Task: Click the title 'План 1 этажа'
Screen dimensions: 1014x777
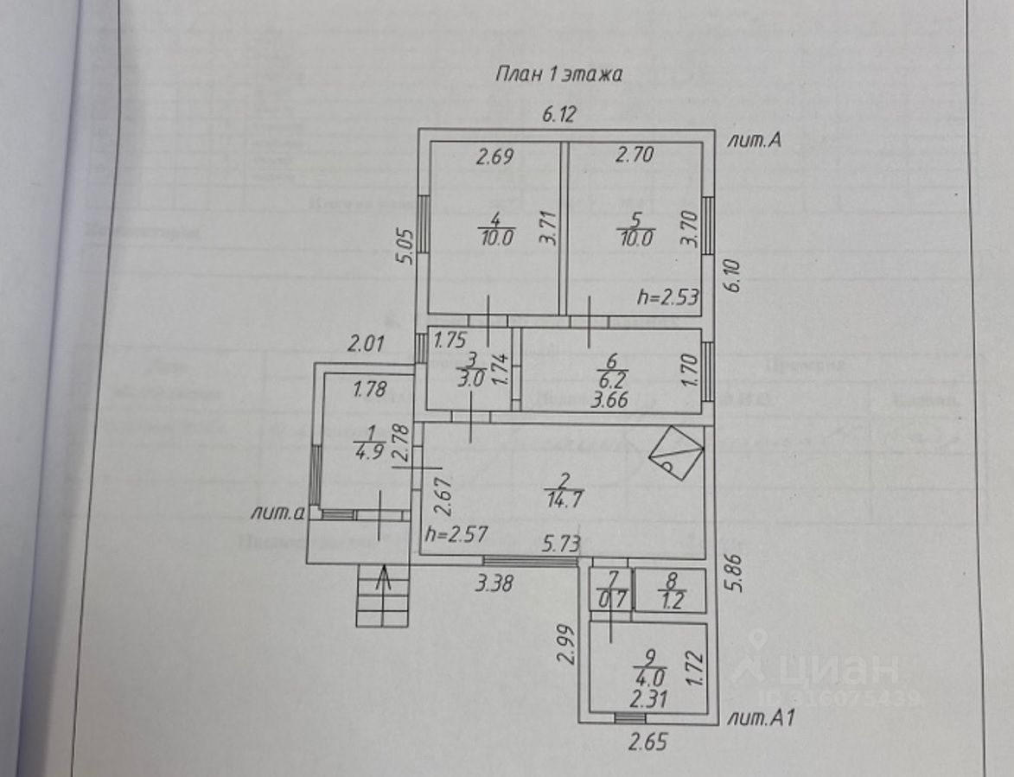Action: (558, 74)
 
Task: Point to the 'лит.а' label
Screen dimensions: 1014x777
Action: (277, 513)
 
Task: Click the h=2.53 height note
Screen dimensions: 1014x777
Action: (667, 297)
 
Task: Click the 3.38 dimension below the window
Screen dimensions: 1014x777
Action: (496, 583)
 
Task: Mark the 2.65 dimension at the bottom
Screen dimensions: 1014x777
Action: (647, 741)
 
